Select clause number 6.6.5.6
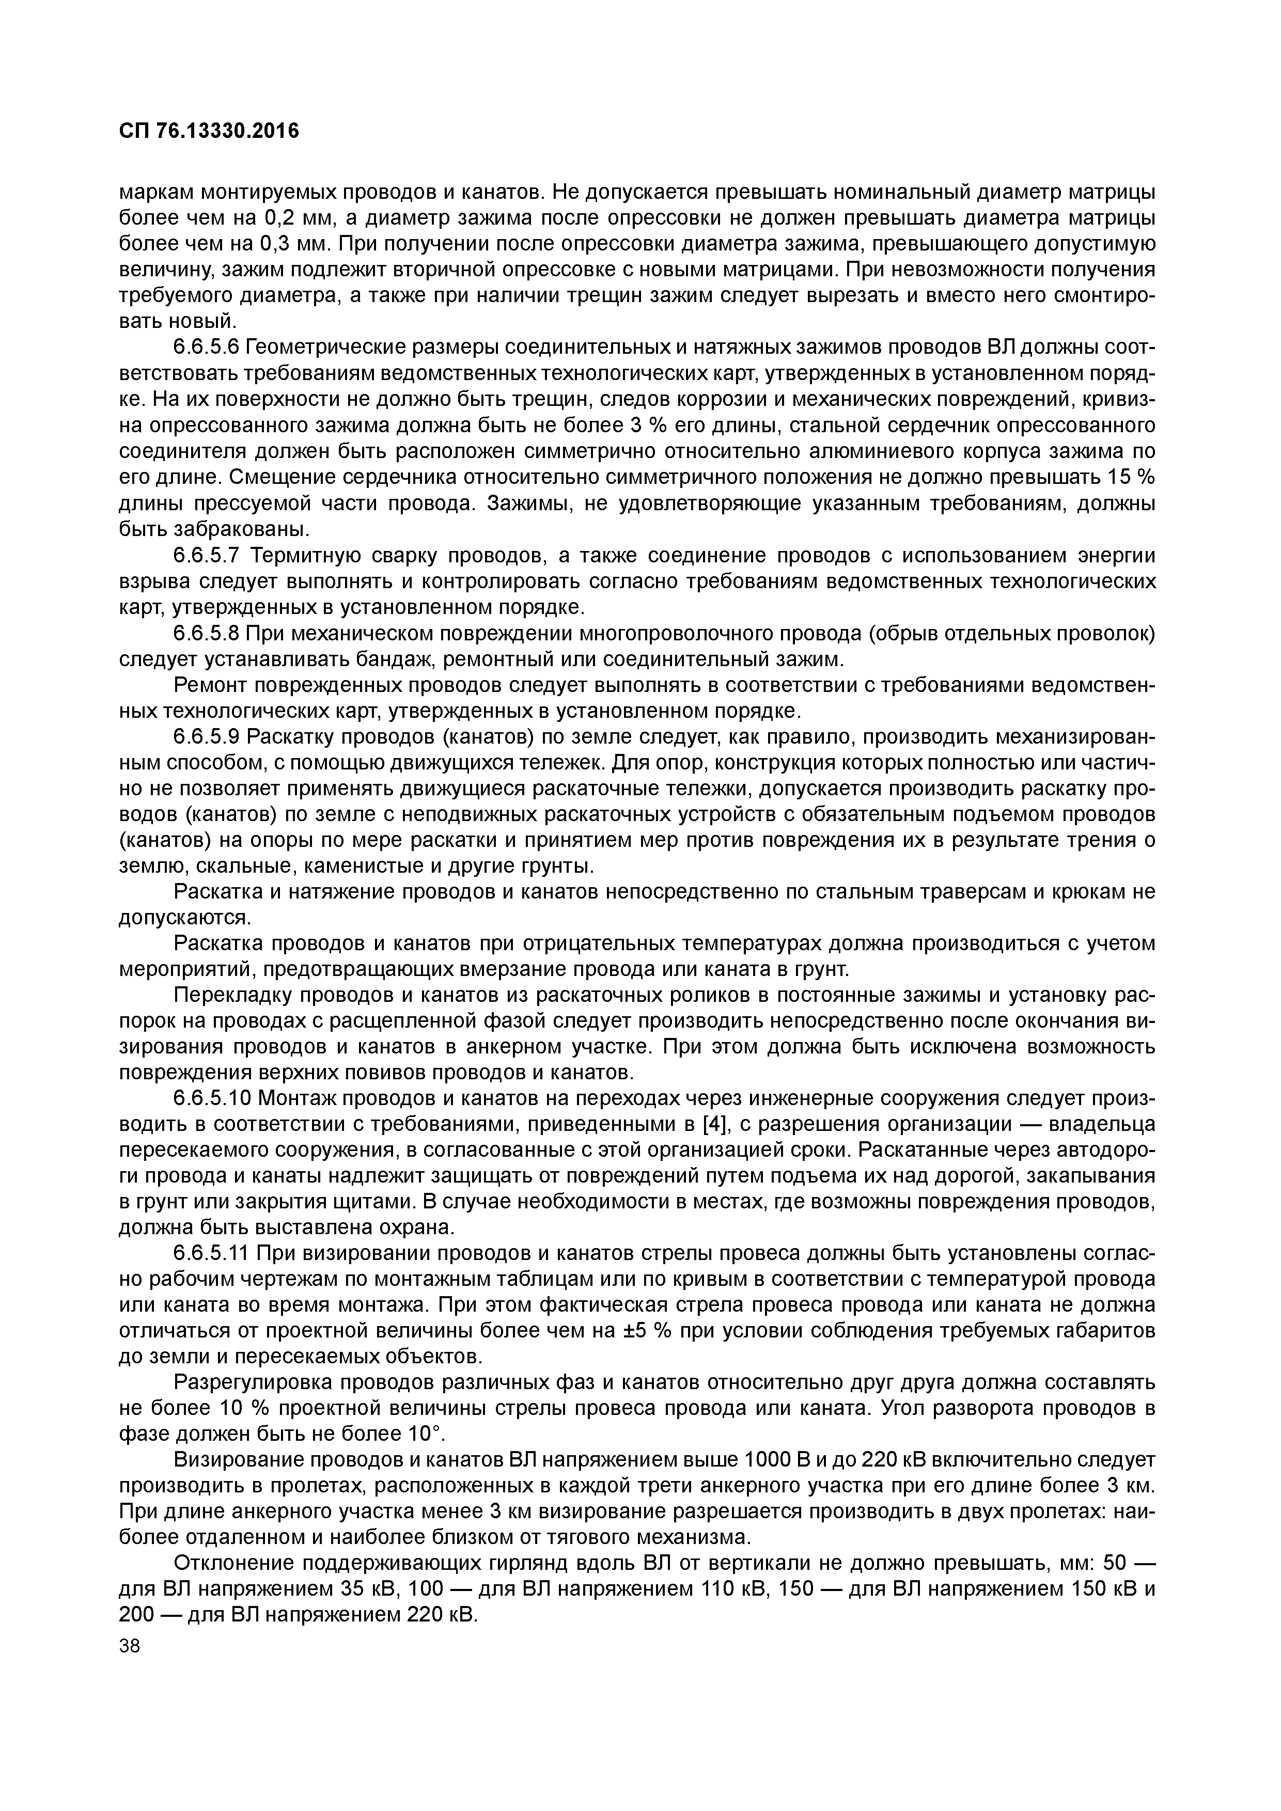[x=207, y=348]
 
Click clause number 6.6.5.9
[x=207, y=737]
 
